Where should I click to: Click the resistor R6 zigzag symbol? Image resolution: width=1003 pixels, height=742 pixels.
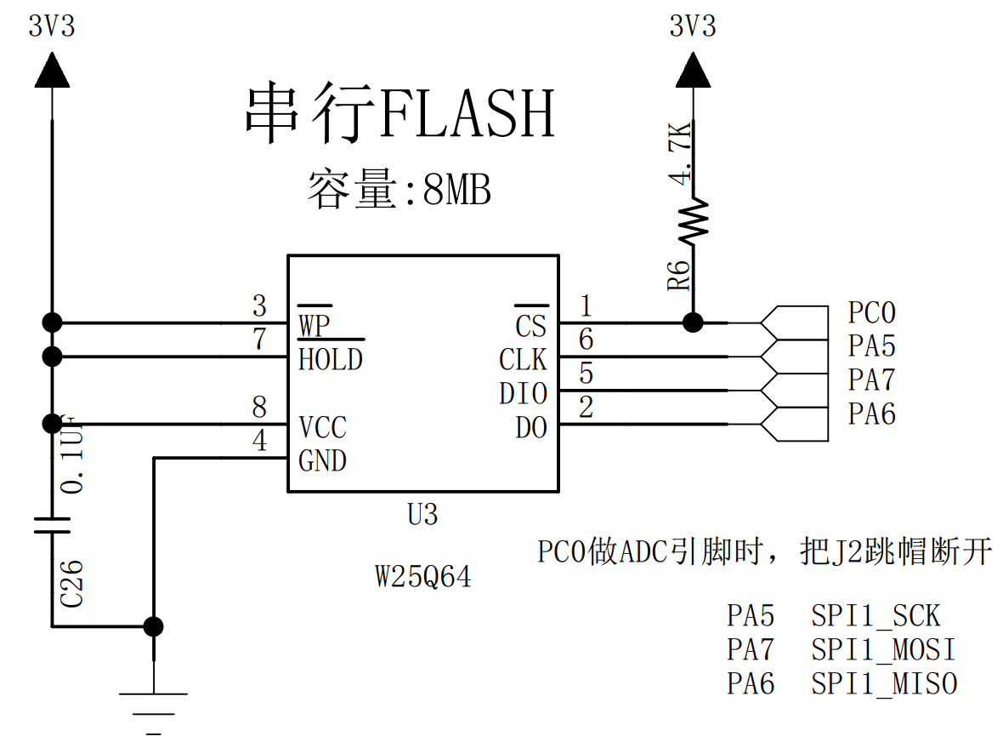[x=693, y=221]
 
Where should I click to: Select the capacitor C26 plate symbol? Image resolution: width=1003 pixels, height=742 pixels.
[x=52, y=524]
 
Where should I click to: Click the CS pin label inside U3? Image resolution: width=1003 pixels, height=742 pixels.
[x=531, y=325]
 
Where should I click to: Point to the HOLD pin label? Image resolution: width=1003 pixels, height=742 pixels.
[x=331, y=360]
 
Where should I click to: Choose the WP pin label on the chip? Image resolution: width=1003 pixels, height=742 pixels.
[x=314, y=325]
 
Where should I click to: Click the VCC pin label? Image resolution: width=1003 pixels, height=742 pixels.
[x=322, y=427]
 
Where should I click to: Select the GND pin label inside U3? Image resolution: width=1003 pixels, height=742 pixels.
[x=322, y=461]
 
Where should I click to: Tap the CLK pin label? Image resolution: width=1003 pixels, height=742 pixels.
[x=523, y=360]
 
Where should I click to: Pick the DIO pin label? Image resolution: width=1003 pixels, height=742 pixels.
[x=523, y=394]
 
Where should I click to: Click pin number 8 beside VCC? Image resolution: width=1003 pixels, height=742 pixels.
[x=259, y=408]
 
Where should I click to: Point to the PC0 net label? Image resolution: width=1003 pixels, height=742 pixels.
[x=871, y=313]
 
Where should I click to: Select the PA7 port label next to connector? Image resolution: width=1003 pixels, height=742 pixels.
[x=871, y=380]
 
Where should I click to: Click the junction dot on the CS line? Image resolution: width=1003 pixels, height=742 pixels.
[x=693, y=322]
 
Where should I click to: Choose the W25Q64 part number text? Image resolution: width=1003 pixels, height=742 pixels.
[x=423, y=578]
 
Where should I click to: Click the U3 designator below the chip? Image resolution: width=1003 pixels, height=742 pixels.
[x=422, y=515]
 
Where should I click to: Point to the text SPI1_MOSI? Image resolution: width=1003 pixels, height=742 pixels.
[x=883, y=650]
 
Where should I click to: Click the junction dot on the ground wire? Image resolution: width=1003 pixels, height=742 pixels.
[x=154, y=626]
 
